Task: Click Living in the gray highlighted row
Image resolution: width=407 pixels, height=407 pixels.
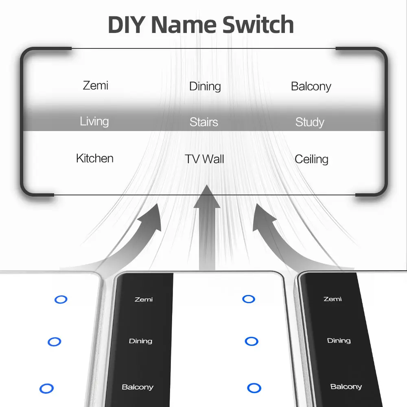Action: click(94, 121)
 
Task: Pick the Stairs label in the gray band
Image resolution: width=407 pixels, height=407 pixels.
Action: click(203, 122)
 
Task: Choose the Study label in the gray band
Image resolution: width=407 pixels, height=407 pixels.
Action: click(310, 122)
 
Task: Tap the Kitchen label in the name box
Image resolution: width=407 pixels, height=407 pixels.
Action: click(95, 158)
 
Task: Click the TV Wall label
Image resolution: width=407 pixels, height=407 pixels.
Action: click(204, 159)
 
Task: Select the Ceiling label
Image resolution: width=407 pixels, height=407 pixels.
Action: click(311, 159)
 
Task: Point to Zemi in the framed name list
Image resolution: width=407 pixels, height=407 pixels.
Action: click(96, 85)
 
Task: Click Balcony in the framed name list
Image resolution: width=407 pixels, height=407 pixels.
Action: click(311, 86)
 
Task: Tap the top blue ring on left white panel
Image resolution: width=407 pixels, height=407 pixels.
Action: click(61, 300)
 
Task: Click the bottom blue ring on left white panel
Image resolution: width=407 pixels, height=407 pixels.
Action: click(46, 388)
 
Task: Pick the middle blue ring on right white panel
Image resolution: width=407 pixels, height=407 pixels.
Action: click(251, 341)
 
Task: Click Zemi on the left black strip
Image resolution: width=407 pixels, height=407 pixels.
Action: click(144, 300)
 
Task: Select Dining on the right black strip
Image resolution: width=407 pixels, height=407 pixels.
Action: click(339, 341)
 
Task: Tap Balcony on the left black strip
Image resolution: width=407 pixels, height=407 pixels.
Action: click(138, 387)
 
